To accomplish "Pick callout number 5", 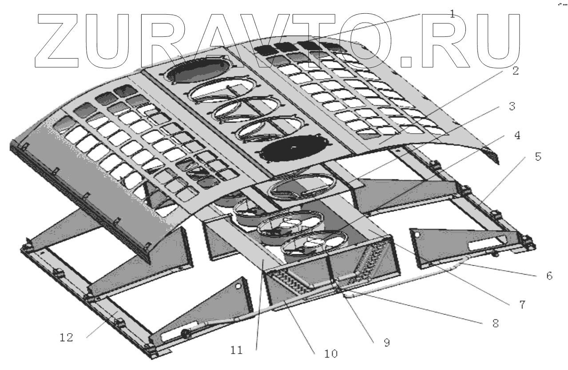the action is [538, 157].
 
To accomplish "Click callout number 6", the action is [549, 276].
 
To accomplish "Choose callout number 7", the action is [522, 305].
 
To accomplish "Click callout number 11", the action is [236, 350].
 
